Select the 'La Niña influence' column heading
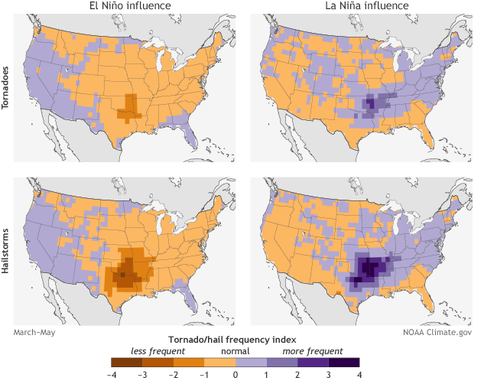point(361,8)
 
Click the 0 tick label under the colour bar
point(236,375)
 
